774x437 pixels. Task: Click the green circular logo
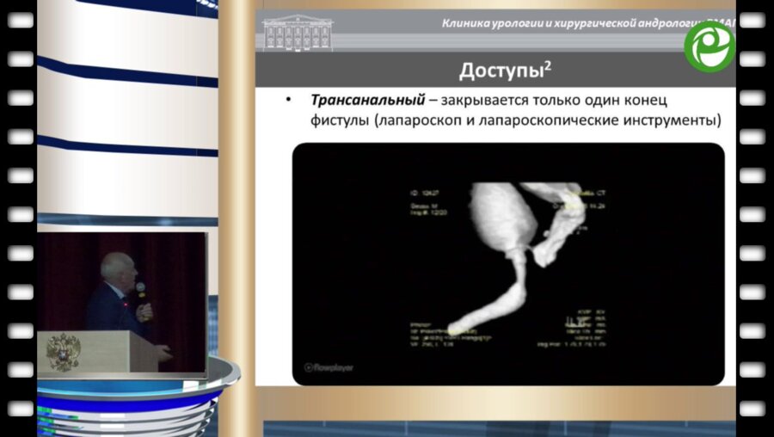[709, 46]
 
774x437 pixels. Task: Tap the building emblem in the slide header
[298, 33]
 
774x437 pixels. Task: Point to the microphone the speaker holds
[140, 290]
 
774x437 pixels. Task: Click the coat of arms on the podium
[63, 351]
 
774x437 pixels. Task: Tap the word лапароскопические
[540, 120]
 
